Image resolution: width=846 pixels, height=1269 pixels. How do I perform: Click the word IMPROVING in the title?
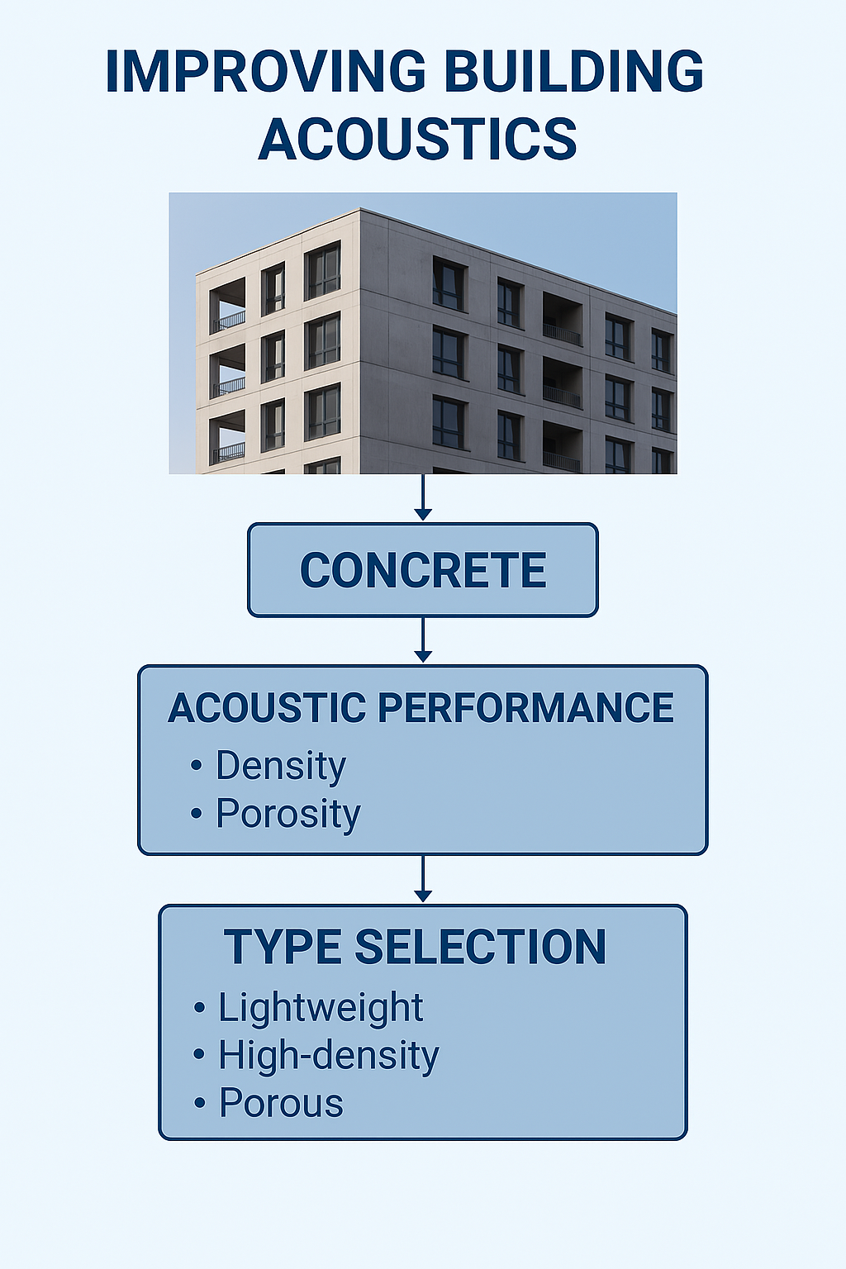click(x=265, y=71)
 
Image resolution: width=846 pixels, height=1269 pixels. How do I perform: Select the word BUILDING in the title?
click(x=573, y=71)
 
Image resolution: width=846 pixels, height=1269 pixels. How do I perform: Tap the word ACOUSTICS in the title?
click(x=417, y=139)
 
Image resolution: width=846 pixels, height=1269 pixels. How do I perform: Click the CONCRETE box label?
click(x=423, y=570)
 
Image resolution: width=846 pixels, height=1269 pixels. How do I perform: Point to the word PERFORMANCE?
click(x=525, y=707)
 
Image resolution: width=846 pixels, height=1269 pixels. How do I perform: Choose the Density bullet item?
click(x=281, y=766)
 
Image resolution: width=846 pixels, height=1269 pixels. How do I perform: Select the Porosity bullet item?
click(x=288, y=814)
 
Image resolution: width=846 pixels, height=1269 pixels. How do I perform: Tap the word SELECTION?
click(x=481, y=947)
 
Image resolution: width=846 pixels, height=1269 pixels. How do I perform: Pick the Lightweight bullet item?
click(x=321, y=1008)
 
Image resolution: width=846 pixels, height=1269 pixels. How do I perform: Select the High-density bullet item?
click(x=329, y=1055)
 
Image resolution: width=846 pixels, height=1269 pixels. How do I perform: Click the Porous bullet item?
click(x=281, y=1102)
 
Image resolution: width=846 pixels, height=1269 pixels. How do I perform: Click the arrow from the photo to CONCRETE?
click(x=423, y=497)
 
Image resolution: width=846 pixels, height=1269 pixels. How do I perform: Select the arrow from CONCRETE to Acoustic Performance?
click(x=423, y=639)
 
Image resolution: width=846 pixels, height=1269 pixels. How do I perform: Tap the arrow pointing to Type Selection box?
click(x=423, y=879)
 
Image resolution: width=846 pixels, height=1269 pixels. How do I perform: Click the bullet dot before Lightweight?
click(x=199, y=1008)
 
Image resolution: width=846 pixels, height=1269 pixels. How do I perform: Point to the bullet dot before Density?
click(x=196, y=765)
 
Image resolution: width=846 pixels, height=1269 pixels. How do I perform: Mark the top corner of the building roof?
click(x=360, y=209)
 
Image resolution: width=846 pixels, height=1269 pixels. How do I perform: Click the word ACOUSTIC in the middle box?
click(x=267, y=707)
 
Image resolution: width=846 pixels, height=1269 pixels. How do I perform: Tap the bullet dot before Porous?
click(x=199, y=1103)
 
